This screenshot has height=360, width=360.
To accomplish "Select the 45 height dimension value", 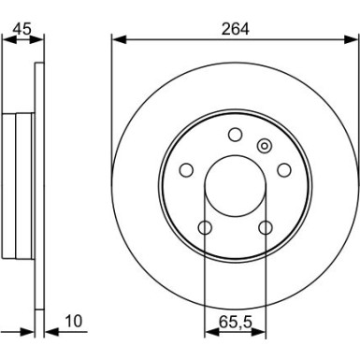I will point(22,27).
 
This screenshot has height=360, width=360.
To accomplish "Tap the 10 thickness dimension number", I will point(73,323).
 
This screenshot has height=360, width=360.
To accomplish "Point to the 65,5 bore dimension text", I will point(235,322).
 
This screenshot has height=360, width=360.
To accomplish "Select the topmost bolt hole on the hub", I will point(235,137).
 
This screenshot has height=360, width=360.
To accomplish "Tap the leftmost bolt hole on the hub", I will point(185,170).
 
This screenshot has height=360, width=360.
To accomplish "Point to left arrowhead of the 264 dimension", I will point(116,39).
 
